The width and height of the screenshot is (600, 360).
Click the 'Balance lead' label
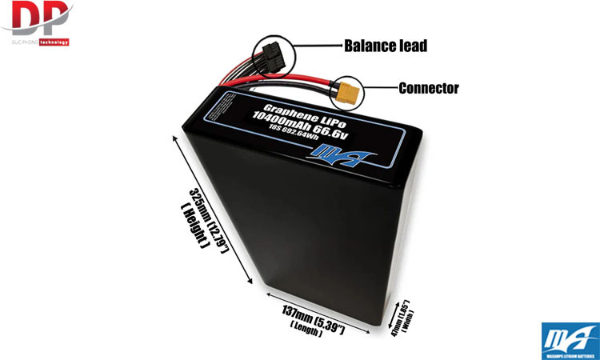click(x=384, y=46)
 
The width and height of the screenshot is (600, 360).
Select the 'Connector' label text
click(x=429, y=88)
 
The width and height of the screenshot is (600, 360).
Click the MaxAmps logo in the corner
click(x=570, y=338)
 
